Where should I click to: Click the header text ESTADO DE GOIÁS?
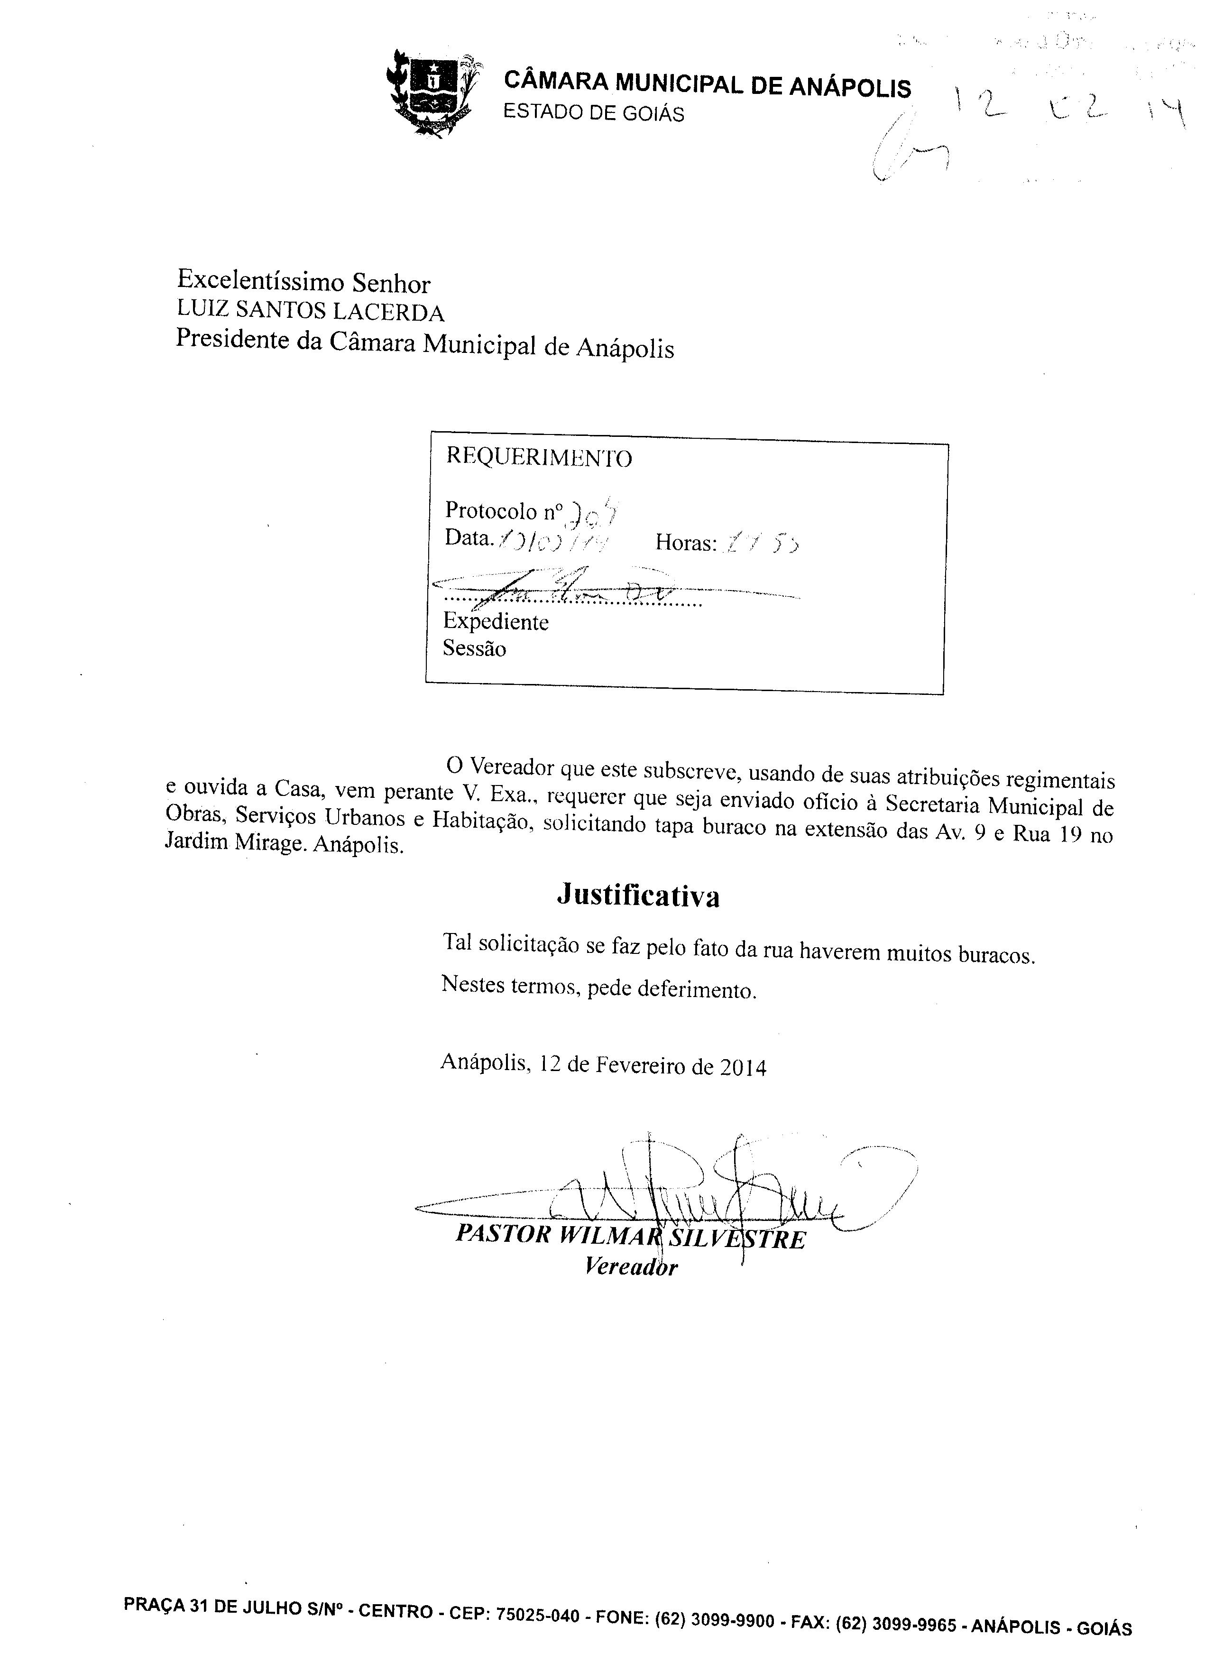click(x=593, y=113)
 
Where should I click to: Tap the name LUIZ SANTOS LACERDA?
click(x=310, y=312)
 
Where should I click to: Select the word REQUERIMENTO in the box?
click(x=539, y=458)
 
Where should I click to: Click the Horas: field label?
click(x=685, y=543)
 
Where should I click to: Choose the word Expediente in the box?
click(x=495, y=622)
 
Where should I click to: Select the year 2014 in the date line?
click(x=743, y=1068)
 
